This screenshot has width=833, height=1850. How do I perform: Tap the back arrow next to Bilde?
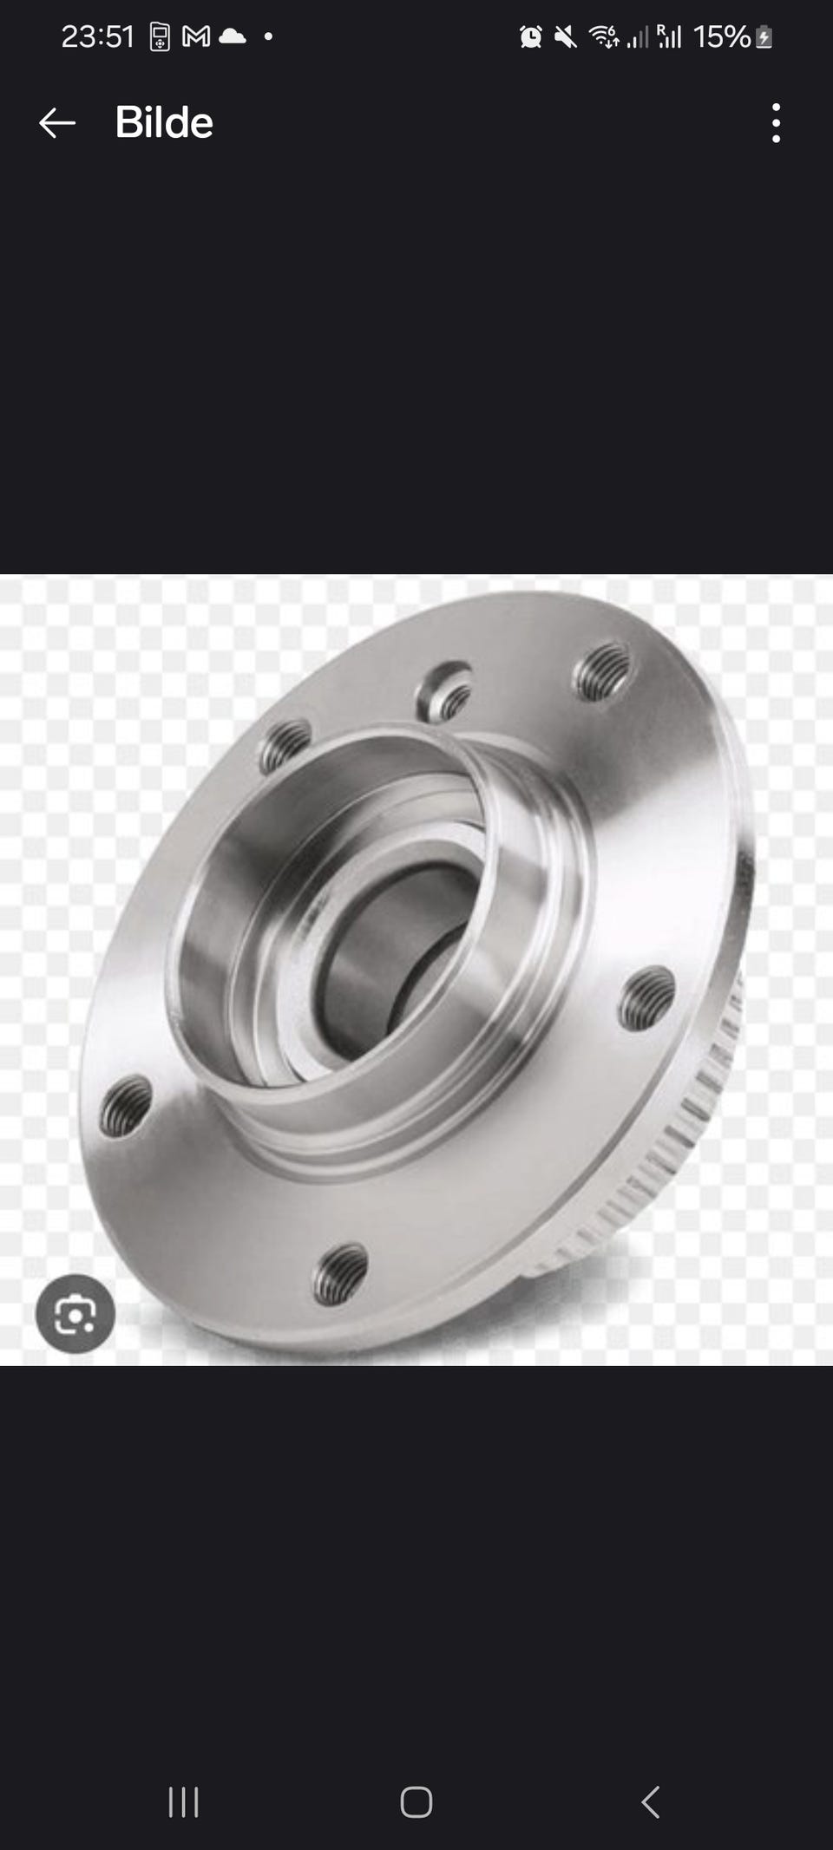point(57,123)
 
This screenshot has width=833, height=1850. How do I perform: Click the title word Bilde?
point(164,122)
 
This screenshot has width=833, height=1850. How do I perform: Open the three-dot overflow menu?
point(776,123)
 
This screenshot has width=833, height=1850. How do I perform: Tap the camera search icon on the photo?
point(75,1314)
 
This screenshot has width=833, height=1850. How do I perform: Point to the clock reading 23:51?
point(98,36)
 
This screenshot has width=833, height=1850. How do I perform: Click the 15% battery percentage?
point(721,36)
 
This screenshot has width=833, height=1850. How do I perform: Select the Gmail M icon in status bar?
point(196,36)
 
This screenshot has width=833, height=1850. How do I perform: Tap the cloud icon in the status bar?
point(233,36)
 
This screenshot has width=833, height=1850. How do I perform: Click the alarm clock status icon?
point(530,36)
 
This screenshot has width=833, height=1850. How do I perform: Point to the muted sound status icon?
point(565,36)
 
